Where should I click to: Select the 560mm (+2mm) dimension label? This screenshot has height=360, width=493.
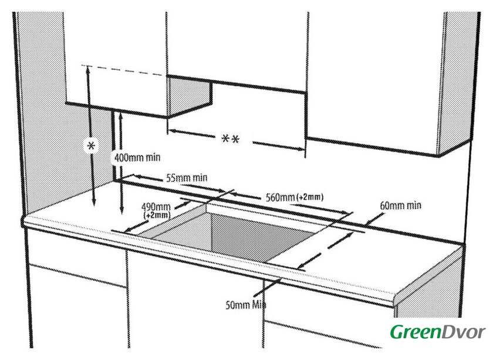pyautogui.click(x=287, y=196)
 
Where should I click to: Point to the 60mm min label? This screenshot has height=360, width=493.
pyautogui.click(x=401, y=206)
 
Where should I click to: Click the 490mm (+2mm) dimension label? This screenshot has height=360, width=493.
pyautogui.click(x=156, y=210)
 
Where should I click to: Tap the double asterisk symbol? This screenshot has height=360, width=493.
pyautogui.click(x=230, y=140)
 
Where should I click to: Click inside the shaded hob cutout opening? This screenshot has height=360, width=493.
pyautogui.click(x=246, y=235)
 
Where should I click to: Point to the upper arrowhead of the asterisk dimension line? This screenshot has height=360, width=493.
pyautogui.click(x=88, y=68)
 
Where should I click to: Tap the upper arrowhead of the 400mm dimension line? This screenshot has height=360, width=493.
pyautogui.click(x=120, y=116)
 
